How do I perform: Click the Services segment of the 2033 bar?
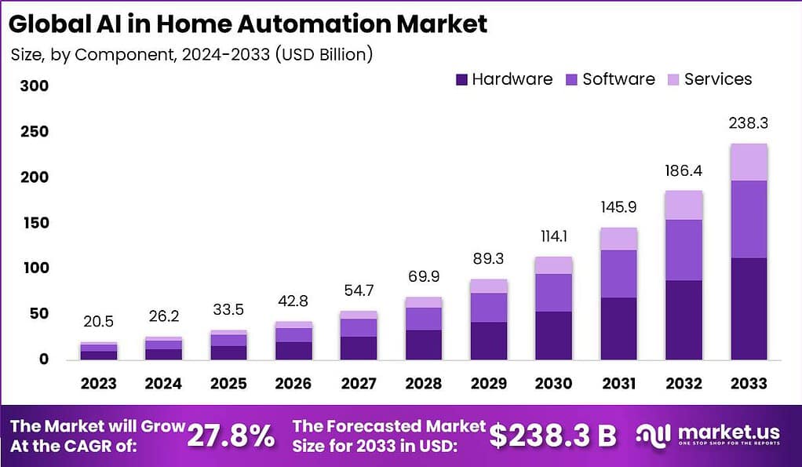[x=748, y=162]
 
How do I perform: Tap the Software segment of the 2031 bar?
[x=618, y=273]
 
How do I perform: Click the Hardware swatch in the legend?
[x=461, y=79]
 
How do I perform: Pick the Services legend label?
[x=717, y=79]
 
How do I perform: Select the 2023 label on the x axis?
[x=97, y=384]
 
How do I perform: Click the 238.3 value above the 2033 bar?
[x=748, y=123]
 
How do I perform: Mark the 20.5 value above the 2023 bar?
[x=97, y=322]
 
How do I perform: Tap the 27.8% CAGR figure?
[x=231, y=436]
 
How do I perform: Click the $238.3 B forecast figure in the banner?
[x=552, y=436]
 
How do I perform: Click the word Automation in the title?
[x=312, y=24]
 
